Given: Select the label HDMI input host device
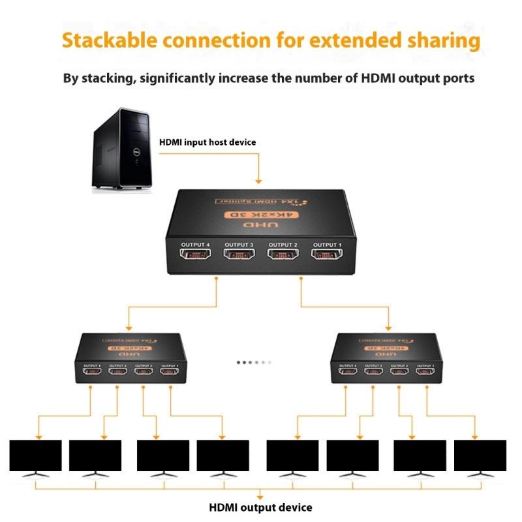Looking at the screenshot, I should click(x=207, y=142).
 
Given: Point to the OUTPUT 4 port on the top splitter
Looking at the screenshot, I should click(x=195, y=253).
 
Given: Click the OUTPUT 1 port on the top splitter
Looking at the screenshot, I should click(x=326, y=253).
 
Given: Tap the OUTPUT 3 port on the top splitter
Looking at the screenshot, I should click(x=239, y=253).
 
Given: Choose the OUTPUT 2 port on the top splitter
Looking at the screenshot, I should click(x=283, y=253).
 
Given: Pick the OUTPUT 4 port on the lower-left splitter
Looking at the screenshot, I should click(x=91, y=371).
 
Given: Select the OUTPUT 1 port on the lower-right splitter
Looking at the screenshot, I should click(x=425, y=371).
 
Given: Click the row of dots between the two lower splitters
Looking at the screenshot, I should click(x=254, y=361).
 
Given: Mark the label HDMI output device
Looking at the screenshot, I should click(x=260, y=508).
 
